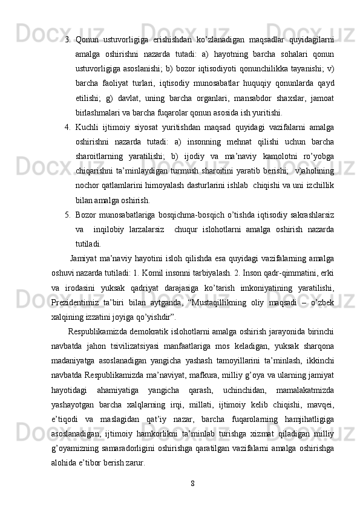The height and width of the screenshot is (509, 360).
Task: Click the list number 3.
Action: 68,39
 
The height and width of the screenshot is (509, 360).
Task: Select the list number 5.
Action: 68,216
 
